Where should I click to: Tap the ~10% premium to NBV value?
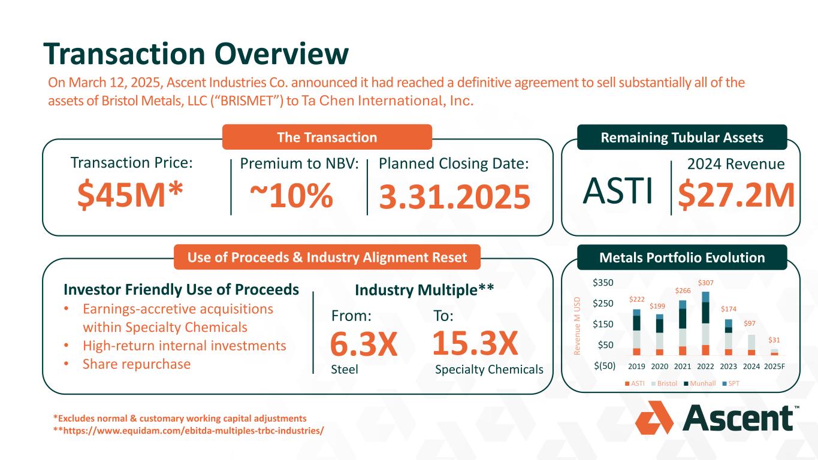(291, 196)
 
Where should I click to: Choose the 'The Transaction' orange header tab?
(327, 137)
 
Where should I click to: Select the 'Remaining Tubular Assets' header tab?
(681, 137)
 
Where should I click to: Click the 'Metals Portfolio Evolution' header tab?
(681, 258)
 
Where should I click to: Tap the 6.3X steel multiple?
(364, 345)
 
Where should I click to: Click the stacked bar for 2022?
(705, 323)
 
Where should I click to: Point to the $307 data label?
(705, 283)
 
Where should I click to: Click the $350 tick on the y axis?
(603, 282)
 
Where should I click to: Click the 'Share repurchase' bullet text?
(137, 364)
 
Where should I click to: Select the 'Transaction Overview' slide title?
(195, 55)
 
